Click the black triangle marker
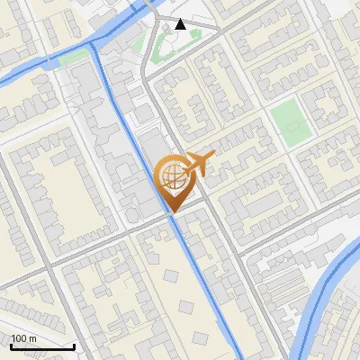(181, 24)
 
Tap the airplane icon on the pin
(197, 164)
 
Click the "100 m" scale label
(23, 338)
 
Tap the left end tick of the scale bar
(11, 345)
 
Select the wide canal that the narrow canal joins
(45, 61)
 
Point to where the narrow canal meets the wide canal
(94, 42)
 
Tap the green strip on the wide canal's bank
(76, 57)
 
